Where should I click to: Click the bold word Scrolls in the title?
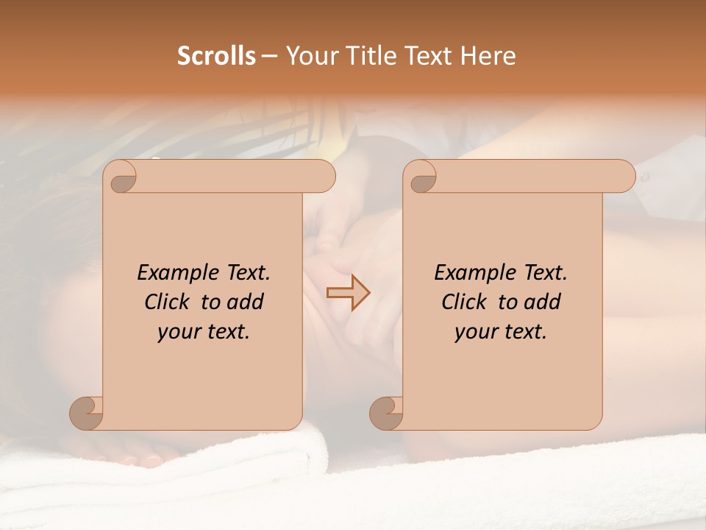click(x=216, y=56)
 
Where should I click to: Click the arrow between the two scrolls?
click(x=348, y=294)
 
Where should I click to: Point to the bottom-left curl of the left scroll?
click(x=86, y=412)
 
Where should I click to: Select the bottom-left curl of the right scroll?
click(x=386, y=412)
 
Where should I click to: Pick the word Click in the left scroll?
click(x=168, y=302)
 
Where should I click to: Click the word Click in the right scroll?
click(x=465, y=302)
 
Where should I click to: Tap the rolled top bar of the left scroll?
click(x=235, y=176)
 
